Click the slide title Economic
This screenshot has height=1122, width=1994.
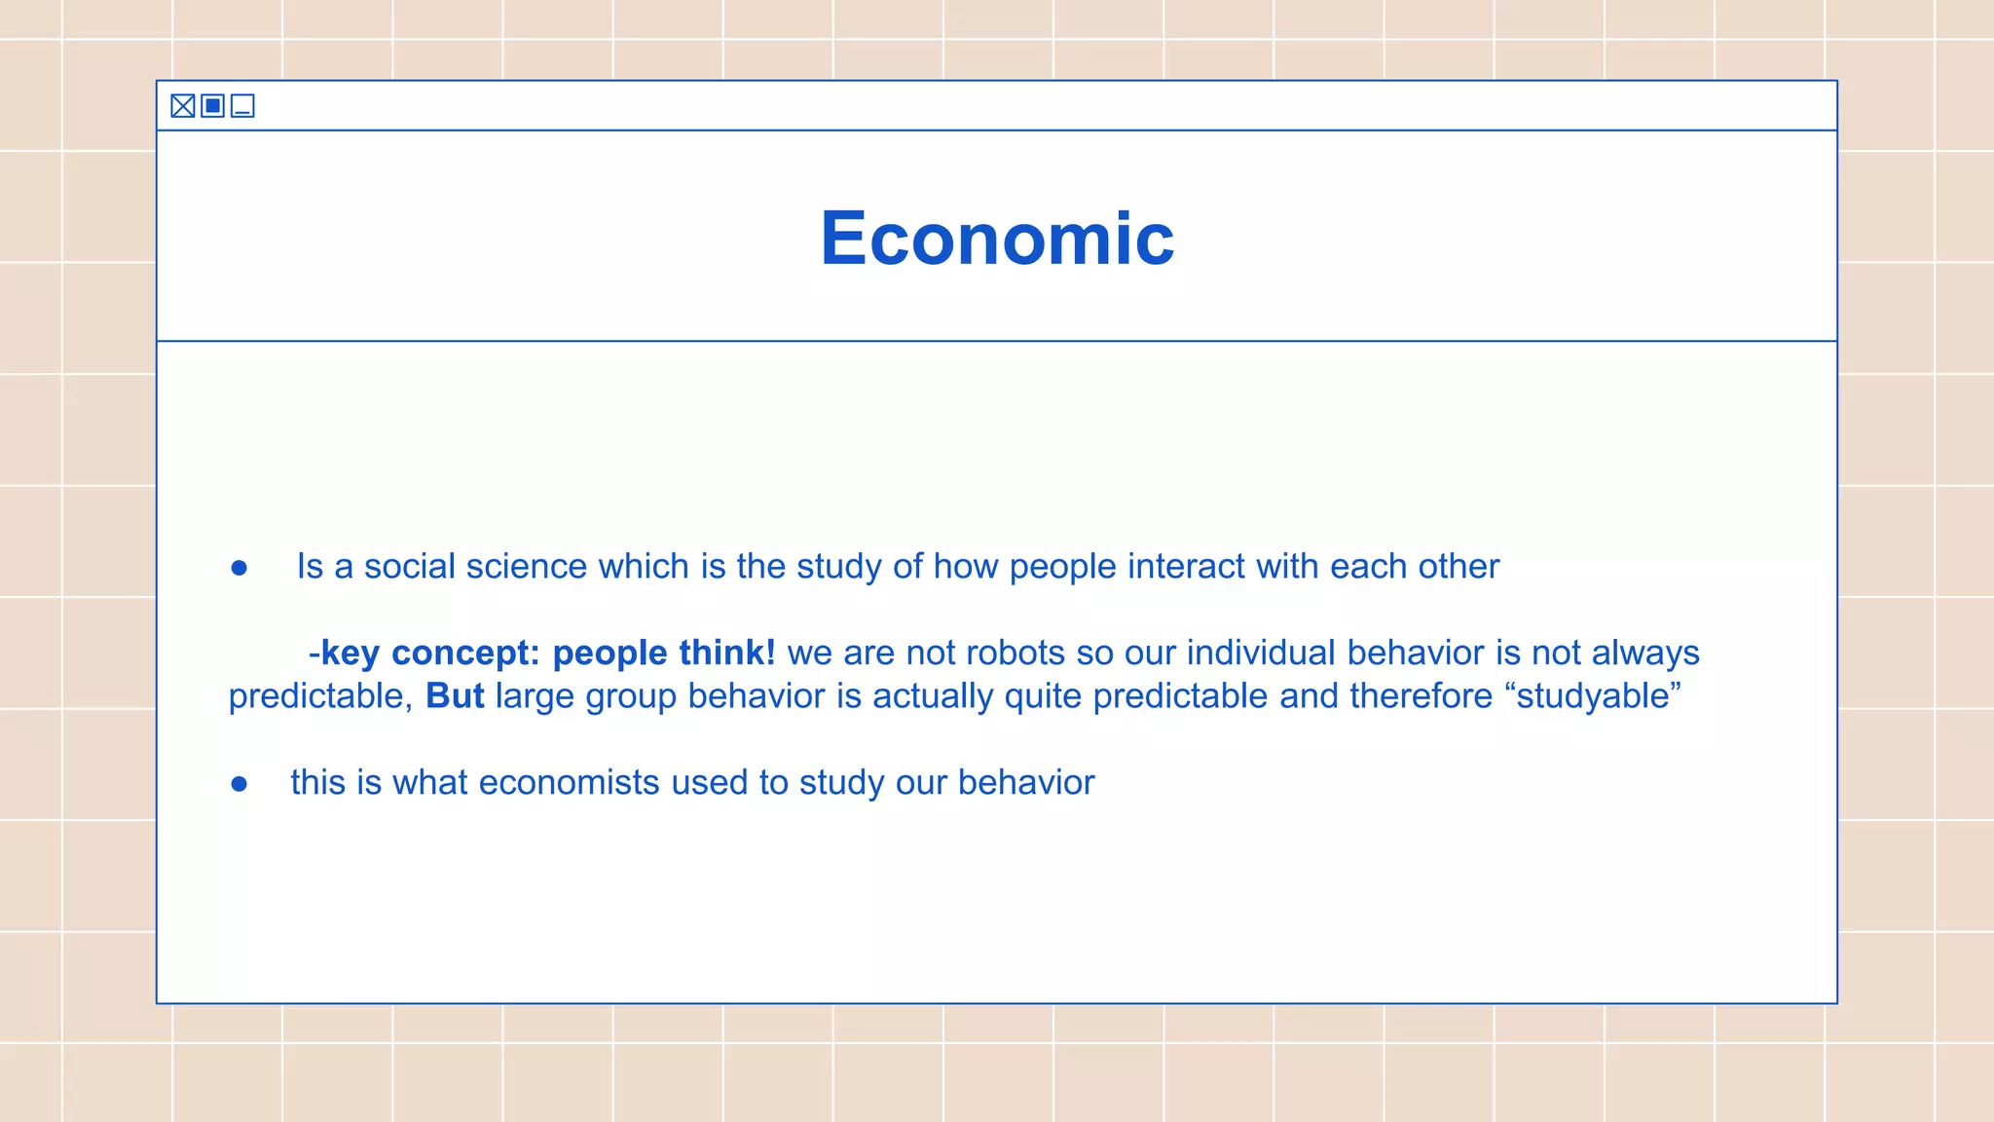[997, 239]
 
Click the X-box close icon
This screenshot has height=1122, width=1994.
[183, 106]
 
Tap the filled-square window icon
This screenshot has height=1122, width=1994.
[213, 106]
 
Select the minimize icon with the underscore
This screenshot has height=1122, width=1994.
[242, 106]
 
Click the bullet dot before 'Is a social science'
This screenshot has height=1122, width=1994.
[240, 568]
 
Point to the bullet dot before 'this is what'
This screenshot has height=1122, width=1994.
[240, 784]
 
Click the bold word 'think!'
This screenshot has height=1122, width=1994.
[726, 653]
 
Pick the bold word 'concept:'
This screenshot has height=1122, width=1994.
[465, 654]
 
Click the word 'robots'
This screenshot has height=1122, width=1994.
[1012, 653]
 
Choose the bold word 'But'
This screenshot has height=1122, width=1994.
[455, 696]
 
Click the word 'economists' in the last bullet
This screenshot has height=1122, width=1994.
[569, 783]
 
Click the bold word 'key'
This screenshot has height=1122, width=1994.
[350, 654]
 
